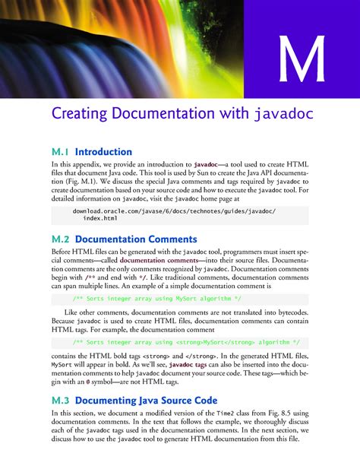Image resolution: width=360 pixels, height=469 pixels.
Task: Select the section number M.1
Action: [60, 151]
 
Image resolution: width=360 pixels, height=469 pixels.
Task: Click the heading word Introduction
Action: [103, 151]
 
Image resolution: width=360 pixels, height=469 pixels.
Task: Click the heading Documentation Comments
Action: [136, 239]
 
